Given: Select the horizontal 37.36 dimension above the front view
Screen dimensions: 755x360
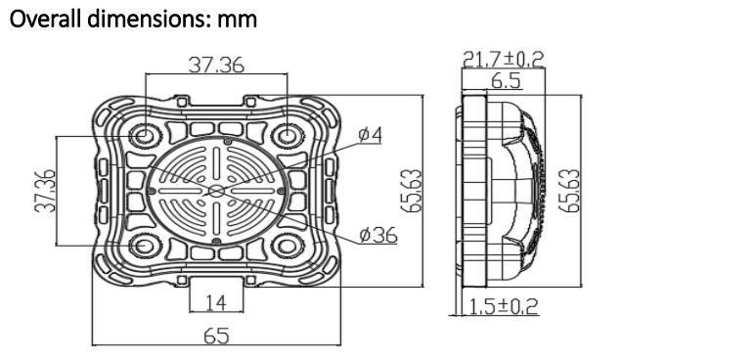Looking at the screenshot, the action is click(216, 66).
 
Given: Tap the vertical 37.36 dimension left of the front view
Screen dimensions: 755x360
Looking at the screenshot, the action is click(45, 191).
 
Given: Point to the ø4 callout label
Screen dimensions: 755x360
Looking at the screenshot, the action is click(371, 135).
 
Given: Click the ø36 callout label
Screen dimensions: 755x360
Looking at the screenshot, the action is click(378, 235).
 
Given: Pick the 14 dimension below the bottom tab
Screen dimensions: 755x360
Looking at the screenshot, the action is click(216, 302).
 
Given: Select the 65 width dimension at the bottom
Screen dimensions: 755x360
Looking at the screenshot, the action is click(216, 336).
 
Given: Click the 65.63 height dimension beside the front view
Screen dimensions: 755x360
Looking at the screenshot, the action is click(412, 191).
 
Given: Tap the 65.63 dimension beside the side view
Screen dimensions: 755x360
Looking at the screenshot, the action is click(570, 191).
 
